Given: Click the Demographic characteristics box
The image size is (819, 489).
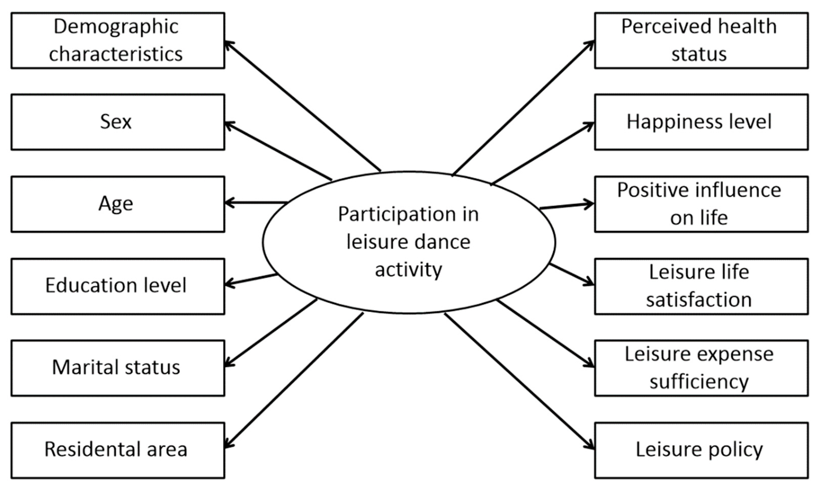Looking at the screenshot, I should tap(118, 40).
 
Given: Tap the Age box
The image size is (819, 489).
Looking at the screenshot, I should tap(118, 204).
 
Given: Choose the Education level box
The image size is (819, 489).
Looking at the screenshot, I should tap(118, 286).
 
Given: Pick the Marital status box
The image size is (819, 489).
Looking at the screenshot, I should tap(118, 368).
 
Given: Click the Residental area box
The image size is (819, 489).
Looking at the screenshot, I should tap(118, 450).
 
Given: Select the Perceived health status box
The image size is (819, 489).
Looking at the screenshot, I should tap(701, 40).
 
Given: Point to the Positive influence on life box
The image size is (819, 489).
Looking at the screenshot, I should tap(701, 204).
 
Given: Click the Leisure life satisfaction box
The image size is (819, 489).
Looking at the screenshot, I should tap(701, 286).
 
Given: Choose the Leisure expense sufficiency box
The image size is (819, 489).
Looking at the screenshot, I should tap(701, 368).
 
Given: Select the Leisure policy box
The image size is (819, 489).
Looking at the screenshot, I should tap(701, 450).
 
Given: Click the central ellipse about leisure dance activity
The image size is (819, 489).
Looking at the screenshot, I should tap(409, 242).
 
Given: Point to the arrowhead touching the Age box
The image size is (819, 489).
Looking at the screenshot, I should tap(228, 202).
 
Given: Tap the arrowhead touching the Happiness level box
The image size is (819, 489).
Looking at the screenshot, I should tap(590, 126).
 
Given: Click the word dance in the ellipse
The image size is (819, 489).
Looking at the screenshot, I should tap(442, 242).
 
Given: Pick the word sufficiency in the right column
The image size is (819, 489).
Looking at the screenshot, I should tap(699, 382).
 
